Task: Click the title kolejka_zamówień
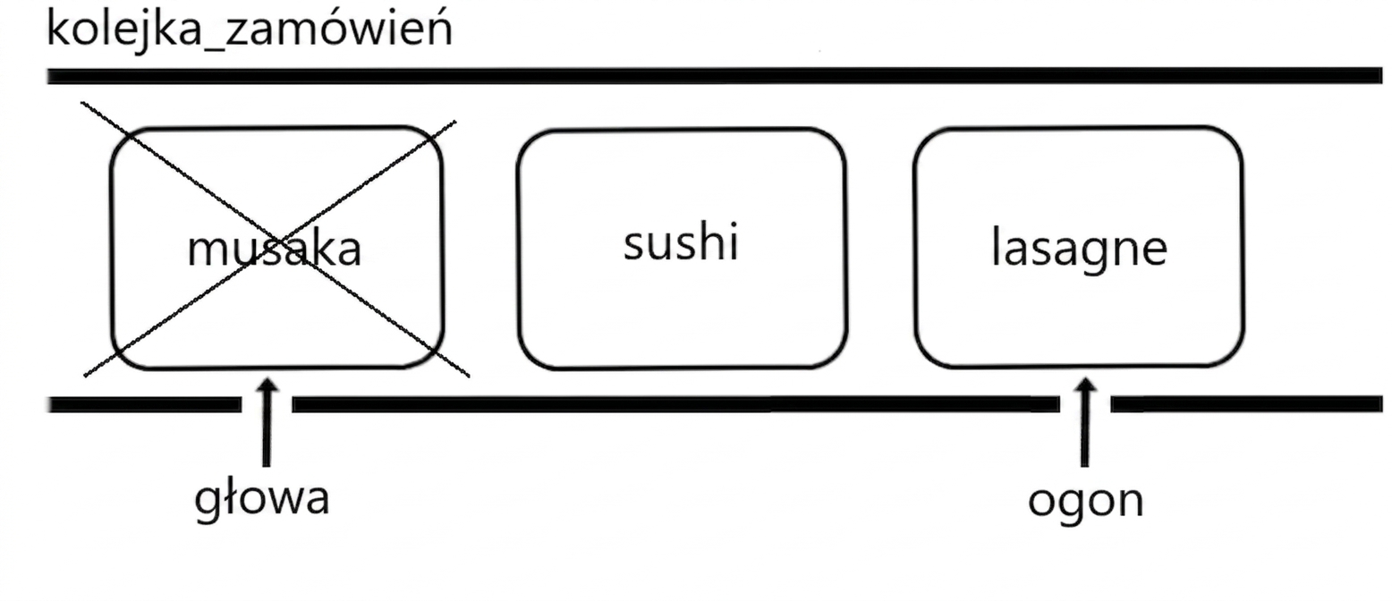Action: (250, 30)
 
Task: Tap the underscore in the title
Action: (213, 48)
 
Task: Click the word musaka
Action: (274, 249)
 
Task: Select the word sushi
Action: (681, 241)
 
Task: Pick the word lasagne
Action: (1080, 249)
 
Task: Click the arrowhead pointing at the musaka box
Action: (267, 385)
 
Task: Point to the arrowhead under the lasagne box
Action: (1085, 385)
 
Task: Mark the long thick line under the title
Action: (715, 76)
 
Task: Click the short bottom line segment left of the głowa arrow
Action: (145, 404)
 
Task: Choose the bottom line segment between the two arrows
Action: (676, 404)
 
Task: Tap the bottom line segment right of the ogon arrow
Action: (1246, 404)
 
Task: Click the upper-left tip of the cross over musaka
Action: (81, 103)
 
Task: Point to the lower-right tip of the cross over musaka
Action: (469, 377)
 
